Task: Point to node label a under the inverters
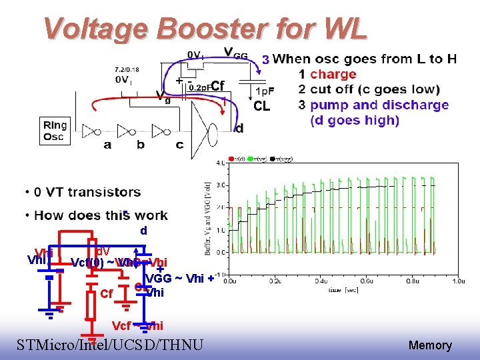107,144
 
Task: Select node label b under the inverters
141,144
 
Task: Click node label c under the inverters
179,144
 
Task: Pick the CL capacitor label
262,106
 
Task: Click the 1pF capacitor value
265,90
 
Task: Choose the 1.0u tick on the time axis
457,281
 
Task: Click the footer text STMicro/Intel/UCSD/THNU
110,345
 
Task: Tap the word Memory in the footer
430,345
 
